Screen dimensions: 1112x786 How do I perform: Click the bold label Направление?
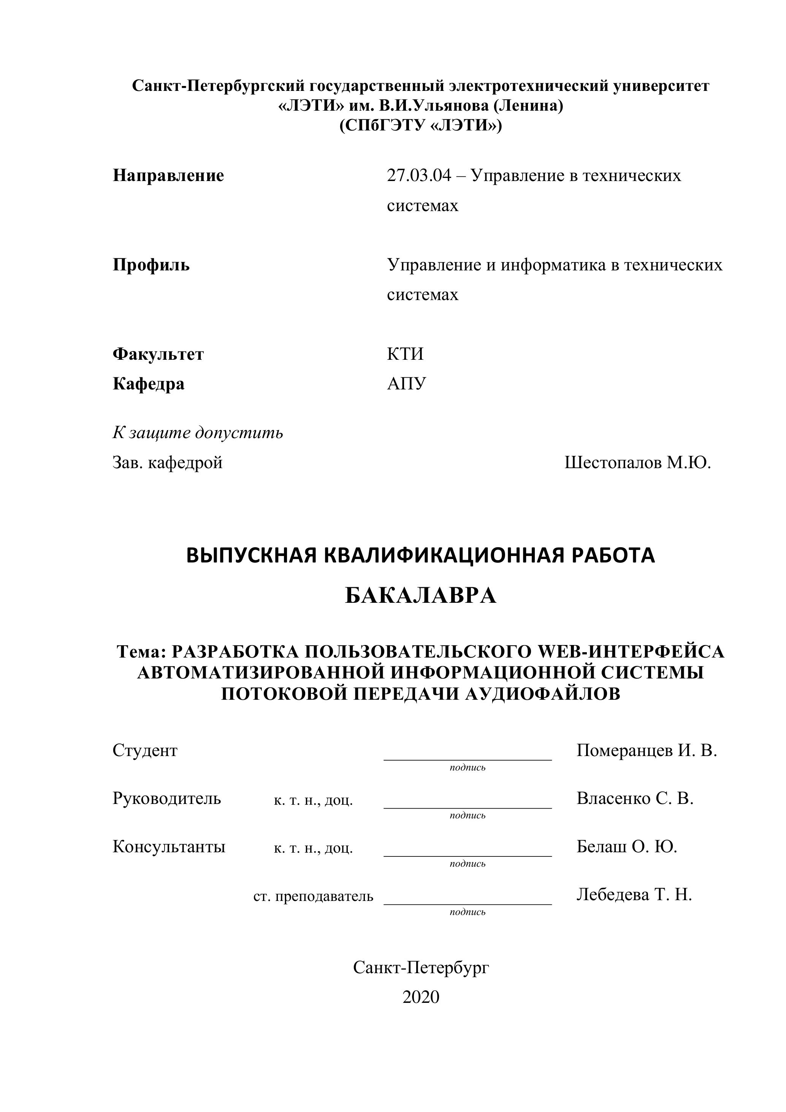pyautogui.click(x=168, y=175)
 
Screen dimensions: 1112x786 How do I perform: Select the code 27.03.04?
pyautogui.click(x=418, y=175)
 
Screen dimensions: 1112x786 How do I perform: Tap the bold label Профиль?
pyautogui.click(x=151, y=265)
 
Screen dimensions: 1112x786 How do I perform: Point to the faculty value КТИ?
pyautogui.click(x=405, y=354)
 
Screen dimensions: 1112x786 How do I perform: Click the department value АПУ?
pyautogui.click(x=407, y=384)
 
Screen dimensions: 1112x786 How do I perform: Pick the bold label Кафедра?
pyautogui.click(x=149, y=384)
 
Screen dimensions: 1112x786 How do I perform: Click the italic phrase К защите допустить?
pyautogui.click(x=198, y=432)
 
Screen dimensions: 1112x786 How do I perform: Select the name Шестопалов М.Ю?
pyautogui.click(x=637, y=462)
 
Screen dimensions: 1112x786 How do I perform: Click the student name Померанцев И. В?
pyautogui.click(x=647, y=750)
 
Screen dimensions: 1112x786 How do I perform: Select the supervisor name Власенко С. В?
pyautogui.click(x=635, y=798)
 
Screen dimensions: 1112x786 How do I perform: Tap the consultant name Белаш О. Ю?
pyautogui.click(x=627, y=846)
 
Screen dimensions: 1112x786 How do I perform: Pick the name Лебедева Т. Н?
pyautogui.click(x=634, y=894)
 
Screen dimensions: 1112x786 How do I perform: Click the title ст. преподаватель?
pyautogui.click(x=313, y=896)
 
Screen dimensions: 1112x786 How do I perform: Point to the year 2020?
pyautogui.click(x=421, y=997)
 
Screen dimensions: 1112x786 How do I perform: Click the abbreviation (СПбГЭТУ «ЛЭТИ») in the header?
pyautogui.click(x=421, y=125)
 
